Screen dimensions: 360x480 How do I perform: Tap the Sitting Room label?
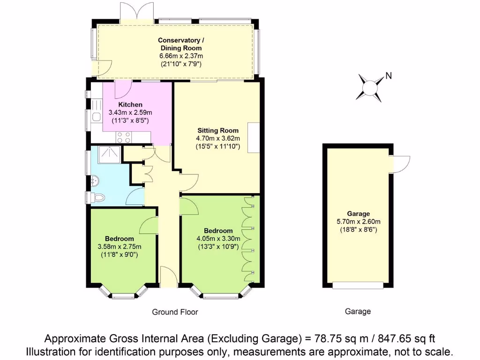pyautogui.click(x=218, y=130)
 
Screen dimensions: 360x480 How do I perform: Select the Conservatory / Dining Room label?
pyautogui.click(x=180, y=44)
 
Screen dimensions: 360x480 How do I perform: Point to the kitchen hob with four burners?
pyautogui.click(x=124, y=137)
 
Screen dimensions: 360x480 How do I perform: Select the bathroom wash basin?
pyautogui.click(x=95, y=180)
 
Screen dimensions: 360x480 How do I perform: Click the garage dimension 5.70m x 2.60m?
pyautogui.click(x=359, y=222)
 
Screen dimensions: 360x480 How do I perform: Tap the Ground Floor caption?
pyautogui.click(x=175, y=312)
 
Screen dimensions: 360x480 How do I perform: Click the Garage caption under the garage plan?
pyautogui.click(x=358, y=311)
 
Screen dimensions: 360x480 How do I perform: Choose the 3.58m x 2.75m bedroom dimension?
pyautogui.click(x=119, y=247)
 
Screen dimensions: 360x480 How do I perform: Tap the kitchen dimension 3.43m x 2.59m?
pyautogui.click(x=130, y=112)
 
